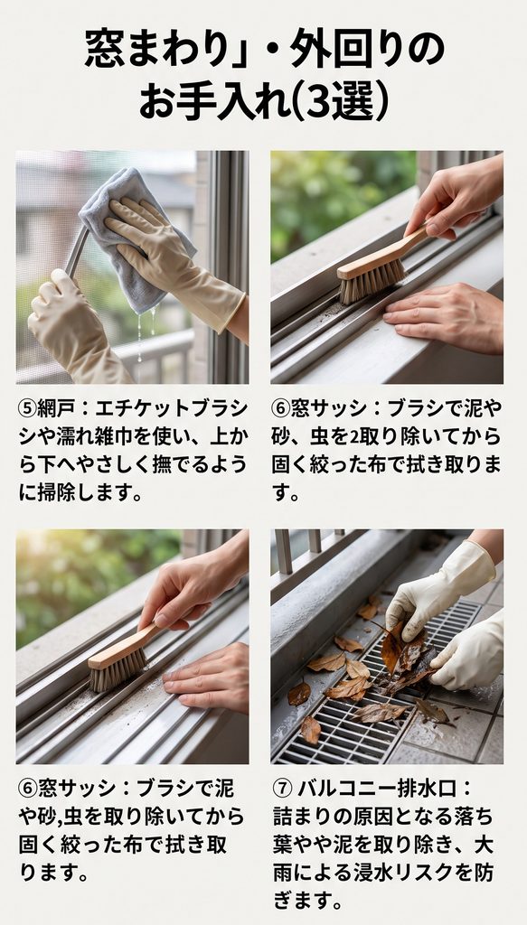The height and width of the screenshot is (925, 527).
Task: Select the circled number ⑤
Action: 27,408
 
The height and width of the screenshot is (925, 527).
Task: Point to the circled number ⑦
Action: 282,788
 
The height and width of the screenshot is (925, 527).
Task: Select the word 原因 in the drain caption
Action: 370,817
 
